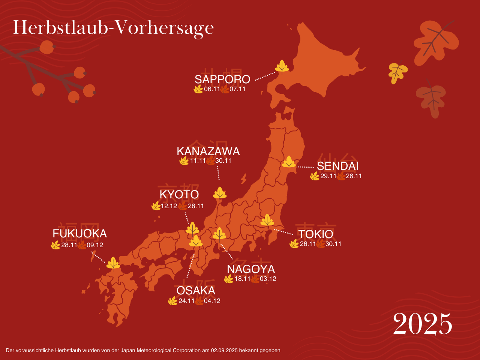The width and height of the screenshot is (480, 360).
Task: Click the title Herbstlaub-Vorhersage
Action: tap(113, 28)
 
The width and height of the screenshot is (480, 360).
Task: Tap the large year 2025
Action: tap(423, 324)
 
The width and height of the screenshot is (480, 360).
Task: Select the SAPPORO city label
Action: tap(222, 79)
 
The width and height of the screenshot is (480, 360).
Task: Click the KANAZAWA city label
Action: tap(208, 151)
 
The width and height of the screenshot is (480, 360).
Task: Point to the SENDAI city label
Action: tap(337, 166)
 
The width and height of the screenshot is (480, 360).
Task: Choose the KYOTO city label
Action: tap(179, 195)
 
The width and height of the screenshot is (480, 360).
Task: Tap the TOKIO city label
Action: tap(316, 234)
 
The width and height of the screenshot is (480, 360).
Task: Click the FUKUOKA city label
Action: tap(79, 234)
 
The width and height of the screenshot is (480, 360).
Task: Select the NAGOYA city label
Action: tap(251, 269)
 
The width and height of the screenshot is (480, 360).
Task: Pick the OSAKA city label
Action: tap(196, 291)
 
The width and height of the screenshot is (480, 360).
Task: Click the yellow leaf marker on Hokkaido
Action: tap(282, 67)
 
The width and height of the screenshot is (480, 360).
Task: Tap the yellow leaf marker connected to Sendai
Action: tap(289, 163)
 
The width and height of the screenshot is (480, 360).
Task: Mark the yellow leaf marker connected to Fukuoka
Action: tap(113, 264)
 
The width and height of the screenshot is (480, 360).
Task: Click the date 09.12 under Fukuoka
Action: tap(95, 245)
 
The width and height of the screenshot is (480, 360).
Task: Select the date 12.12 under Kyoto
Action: tap(169, 206)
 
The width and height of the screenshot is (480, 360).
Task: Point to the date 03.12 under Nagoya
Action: tap(268, 279)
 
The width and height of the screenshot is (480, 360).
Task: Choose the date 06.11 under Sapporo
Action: tap(212, 89)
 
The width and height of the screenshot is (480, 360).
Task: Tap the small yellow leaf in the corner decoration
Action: tap(397, 72)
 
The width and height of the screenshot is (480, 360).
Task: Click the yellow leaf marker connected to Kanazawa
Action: tap(220, 193)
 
